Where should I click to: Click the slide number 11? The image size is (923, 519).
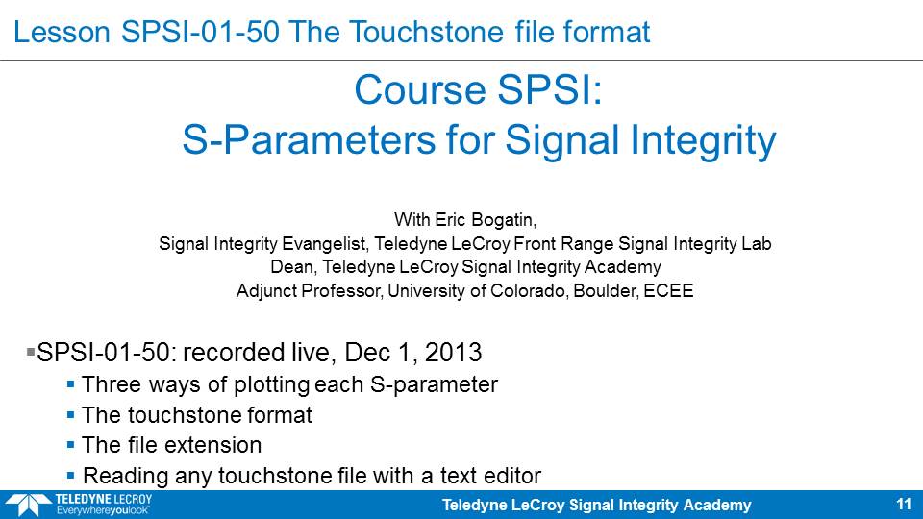click(x=904, y=505)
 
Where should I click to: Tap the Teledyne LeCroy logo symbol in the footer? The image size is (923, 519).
click(x=27, y=505)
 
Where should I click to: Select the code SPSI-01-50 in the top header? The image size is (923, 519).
click(x=200, y=32)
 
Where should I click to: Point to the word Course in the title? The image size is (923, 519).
click(x=421, y=90)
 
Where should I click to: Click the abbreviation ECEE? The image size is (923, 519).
click(x=668, y=290)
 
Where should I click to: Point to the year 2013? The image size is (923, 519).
click(x=453, y=353)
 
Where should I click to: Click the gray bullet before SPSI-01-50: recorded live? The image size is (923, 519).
click(x=31, y=352)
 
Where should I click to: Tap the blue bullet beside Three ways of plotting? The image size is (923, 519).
click(x=70, y=384)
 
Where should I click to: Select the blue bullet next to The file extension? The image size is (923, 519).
click(x=70, y=445)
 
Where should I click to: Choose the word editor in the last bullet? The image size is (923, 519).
click(x=511, y=476)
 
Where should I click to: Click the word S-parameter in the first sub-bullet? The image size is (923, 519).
click(x=434, y=384)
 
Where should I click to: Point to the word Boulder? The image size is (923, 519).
click(x=606, y=290)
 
